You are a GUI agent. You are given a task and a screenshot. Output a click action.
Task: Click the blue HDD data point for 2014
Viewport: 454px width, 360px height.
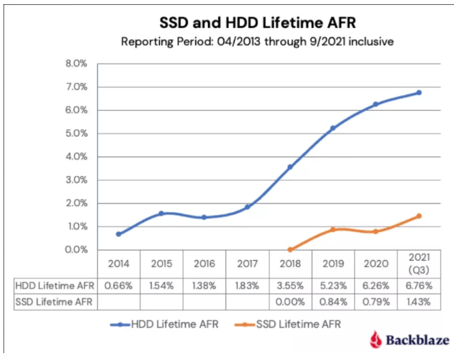click(x=118, y=234)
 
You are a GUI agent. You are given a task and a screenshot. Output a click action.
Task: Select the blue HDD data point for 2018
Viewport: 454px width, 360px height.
click(x=290, y=167)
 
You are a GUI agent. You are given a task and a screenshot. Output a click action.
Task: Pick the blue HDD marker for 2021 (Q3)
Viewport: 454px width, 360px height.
click(x=419, y=92)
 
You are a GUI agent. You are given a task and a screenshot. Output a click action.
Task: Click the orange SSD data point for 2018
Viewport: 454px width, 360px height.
click(x=290, y=250)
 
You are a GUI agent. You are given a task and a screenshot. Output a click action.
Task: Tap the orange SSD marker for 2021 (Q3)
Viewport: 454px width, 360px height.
click(x=419, y=216)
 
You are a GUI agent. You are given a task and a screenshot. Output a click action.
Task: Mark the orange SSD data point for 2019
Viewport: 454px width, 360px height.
click(x=333, y=230)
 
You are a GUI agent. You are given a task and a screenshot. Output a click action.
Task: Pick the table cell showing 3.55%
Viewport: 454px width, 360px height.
click(x=290, y=283)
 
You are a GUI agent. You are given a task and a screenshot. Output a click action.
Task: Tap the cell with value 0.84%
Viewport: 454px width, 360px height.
click(x=333, y=300)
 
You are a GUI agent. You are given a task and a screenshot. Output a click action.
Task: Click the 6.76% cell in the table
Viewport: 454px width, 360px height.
click(x=418, y=283)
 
